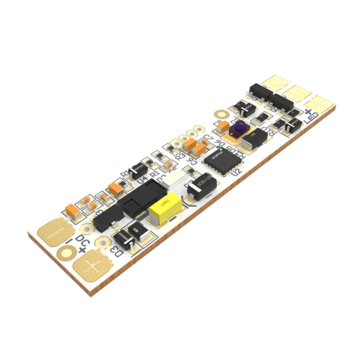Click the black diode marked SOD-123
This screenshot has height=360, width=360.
(x=202, y=186)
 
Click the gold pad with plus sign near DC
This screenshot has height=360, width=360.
(x=93, y=265)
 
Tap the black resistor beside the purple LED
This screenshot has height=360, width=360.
(x=255, y=139)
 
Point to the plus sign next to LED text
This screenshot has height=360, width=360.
(x=308, y=111)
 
